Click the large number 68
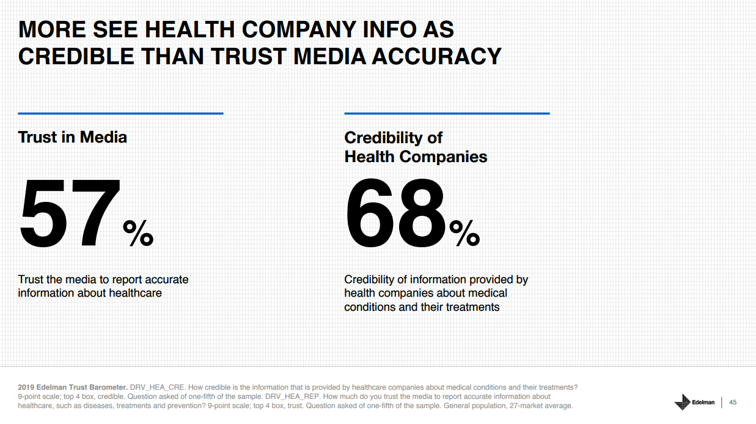[396, 212]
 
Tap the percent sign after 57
[138, 233]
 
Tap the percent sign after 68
[464, 233]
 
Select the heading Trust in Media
[73, 137]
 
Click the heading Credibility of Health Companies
[416, 147]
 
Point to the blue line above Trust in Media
[120, 113]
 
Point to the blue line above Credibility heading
[447, 113]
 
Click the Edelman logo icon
[682, 402]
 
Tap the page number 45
[733, 402]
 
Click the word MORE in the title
[53, 29]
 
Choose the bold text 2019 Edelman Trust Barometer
[72, 387]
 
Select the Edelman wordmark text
[703, 402]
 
